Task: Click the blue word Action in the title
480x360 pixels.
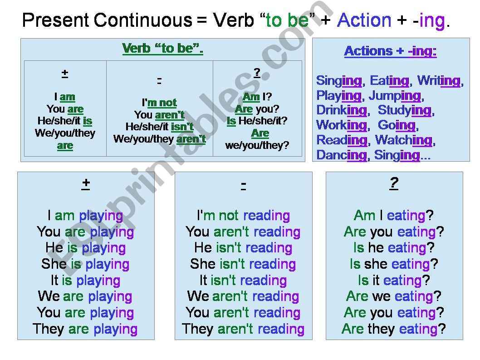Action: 364,20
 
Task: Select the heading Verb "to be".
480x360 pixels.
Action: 162,49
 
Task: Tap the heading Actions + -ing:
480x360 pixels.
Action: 390,51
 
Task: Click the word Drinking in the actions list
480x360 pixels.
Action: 341,110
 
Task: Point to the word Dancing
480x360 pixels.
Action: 341,155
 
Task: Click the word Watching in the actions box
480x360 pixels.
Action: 404,140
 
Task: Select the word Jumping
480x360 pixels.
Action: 395,96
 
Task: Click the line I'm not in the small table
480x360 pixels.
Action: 159,103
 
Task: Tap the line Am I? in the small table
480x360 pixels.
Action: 257,97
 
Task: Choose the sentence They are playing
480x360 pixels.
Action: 85,329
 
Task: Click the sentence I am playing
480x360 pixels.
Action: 85,215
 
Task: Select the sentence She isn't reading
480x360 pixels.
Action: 243,264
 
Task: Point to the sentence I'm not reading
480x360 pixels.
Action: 243,215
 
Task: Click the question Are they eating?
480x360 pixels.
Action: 393,329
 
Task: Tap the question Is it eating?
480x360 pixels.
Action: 393,280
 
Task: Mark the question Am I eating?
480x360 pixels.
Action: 393,215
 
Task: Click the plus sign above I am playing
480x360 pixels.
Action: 86,183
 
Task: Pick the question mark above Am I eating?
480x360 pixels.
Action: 393,183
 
